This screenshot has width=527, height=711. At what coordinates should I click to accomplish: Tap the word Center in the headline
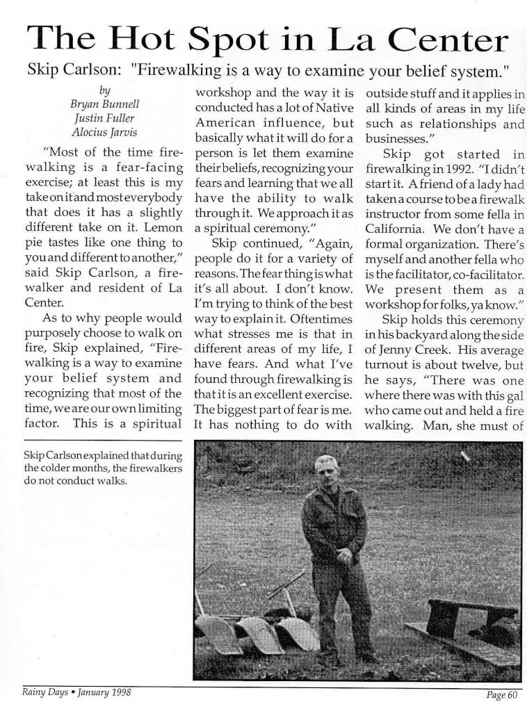coord(448,40)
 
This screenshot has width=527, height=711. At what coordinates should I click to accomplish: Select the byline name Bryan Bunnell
coord(105,104)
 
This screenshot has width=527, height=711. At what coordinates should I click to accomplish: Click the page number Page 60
coord(500,695)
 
